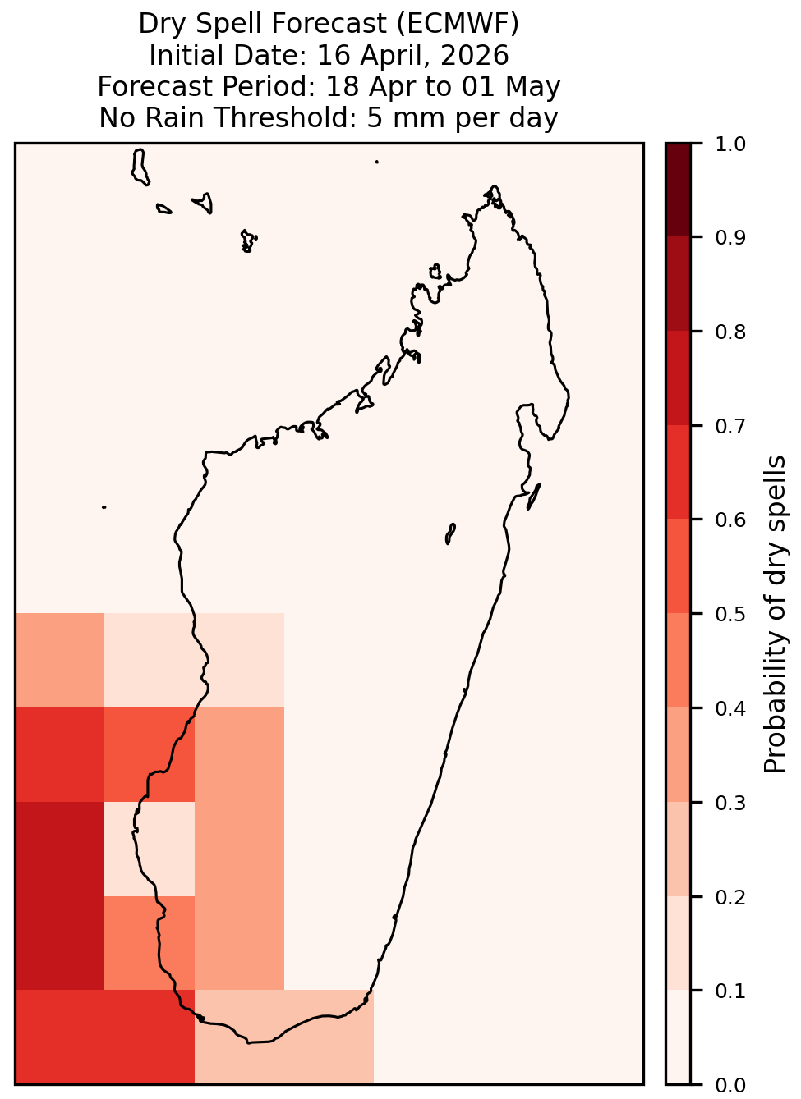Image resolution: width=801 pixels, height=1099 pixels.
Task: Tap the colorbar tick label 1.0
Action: (x=730, y=144)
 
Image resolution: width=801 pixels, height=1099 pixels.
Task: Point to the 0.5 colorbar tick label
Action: (x=730, y=614)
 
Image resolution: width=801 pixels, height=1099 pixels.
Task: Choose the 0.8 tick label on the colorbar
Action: (x=730, y=332)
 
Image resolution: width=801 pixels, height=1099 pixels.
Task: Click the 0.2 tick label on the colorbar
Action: (x=730, y=897)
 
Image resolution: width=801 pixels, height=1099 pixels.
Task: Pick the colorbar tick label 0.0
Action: (x=730, y=1085)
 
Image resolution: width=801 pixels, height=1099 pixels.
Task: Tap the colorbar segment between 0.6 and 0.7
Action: (x=678, y=472)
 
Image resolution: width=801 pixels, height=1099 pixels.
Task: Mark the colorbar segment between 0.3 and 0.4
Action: (x=678, y=754)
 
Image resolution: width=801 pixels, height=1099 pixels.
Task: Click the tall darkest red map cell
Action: (x=60, y=895)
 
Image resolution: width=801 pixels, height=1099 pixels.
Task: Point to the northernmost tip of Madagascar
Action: (x=494, y=186)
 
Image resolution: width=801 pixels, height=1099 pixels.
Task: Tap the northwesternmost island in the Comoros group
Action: (x=140, y=167)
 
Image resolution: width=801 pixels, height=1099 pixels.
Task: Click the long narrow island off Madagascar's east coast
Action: (x=534, y=496)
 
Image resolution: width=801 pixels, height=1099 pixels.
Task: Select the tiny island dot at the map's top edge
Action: (x=377, y=162)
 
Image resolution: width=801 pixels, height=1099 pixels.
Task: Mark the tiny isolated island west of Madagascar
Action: (x=104, y=507)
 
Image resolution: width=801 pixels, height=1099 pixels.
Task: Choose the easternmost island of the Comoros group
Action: (x=248, y=241)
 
